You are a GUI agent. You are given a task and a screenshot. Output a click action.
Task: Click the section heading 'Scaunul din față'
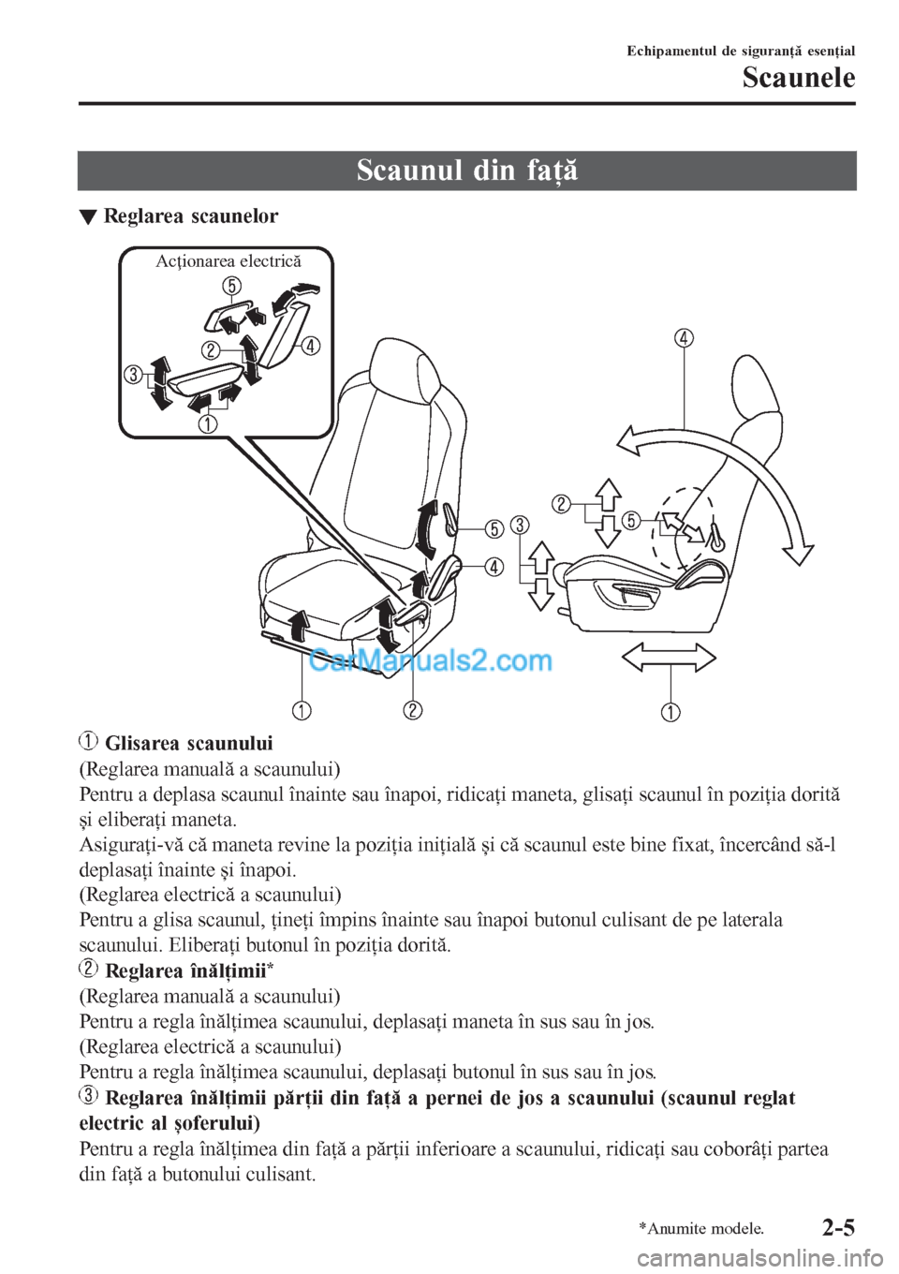466,170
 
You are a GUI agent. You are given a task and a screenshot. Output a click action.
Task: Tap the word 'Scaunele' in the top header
798,77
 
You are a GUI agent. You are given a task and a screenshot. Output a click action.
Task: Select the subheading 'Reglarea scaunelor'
190,216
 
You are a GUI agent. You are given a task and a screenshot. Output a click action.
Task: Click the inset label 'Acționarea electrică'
228,261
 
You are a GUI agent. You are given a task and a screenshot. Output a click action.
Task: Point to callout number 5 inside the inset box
231,285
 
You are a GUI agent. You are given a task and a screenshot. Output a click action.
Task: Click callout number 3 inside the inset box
134,376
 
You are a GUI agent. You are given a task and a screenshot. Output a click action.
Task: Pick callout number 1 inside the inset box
206,424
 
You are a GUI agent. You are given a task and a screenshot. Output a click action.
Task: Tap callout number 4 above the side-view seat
684,337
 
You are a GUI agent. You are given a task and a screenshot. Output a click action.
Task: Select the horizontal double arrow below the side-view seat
669,657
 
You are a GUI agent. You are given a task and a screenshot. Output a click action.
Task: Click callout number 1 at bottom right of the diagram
671,711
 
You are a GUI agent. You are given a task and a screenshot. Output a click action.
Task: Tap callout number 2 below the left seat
413,709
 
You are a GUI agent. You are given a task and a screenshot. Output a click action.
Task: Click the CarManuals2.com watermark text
430,661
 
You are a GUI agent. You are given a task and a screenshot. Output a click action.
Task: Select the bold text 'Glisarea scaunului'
188,744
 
